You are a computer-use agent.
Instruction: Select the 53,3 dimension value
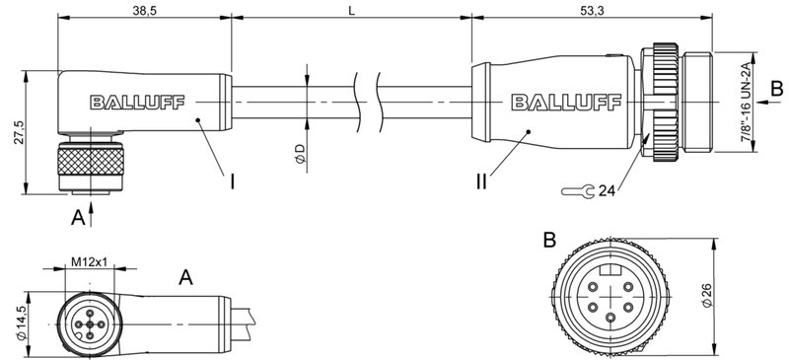[x=589, y=10]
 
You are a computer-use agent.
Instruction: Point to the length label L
[x=351, y=10]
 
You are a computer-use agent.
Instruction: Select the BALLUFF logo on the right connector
[x=553, y=101]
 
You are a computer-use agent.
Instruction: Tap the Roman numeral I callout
[x=232, y=181]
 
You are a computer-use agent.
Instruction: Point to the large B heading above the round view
[x=549, y=241]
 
